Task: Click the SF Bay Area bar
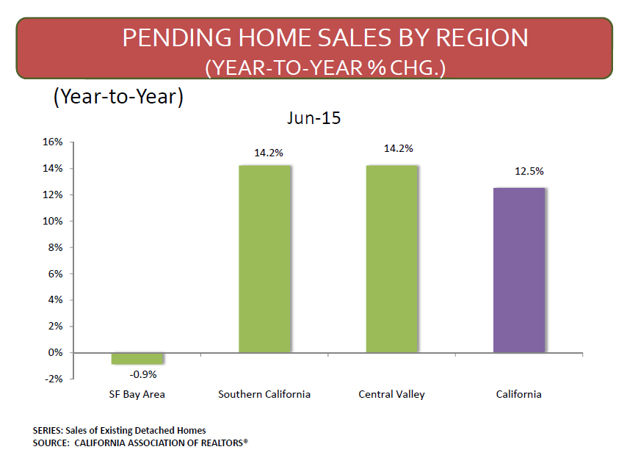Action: click(x=137, y=358)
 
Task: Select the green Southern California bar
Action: click(x=265, y=259)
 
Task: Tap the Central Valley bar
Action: click(x=392, y=259)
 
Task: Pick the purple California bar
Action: click(x=519, y=270)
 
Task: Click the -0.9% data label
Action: click(x=142, y=374)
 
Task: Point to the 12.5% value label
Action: click(x=529, y=172)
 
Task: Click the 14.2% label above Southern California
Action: click(x=269, y=153)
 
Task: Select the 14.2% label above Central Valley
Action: click(x=398, y=149)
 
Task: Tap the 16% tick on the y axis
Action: click(x=53, y=142)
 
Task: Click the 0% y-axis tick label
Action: click(x=56, y=353)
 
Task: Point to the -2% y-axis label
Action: click(x=54, y=379)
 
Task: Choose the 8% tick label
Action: click(x=56, y=247)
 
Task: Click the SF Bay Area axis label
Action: click(x=137, y=395)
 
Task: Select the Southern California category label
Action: click(x=264, y=394)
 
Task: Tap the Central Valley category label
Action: click(x=391, y=395)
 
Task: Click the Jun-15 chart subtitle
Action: click(x=314, y=118)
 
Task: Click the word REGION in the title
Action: click(x=482, y=38)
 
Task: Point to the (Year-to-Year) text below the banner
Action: click(x=118, y=97)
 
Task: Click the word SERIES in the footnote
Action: click(x=47, y=431)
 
